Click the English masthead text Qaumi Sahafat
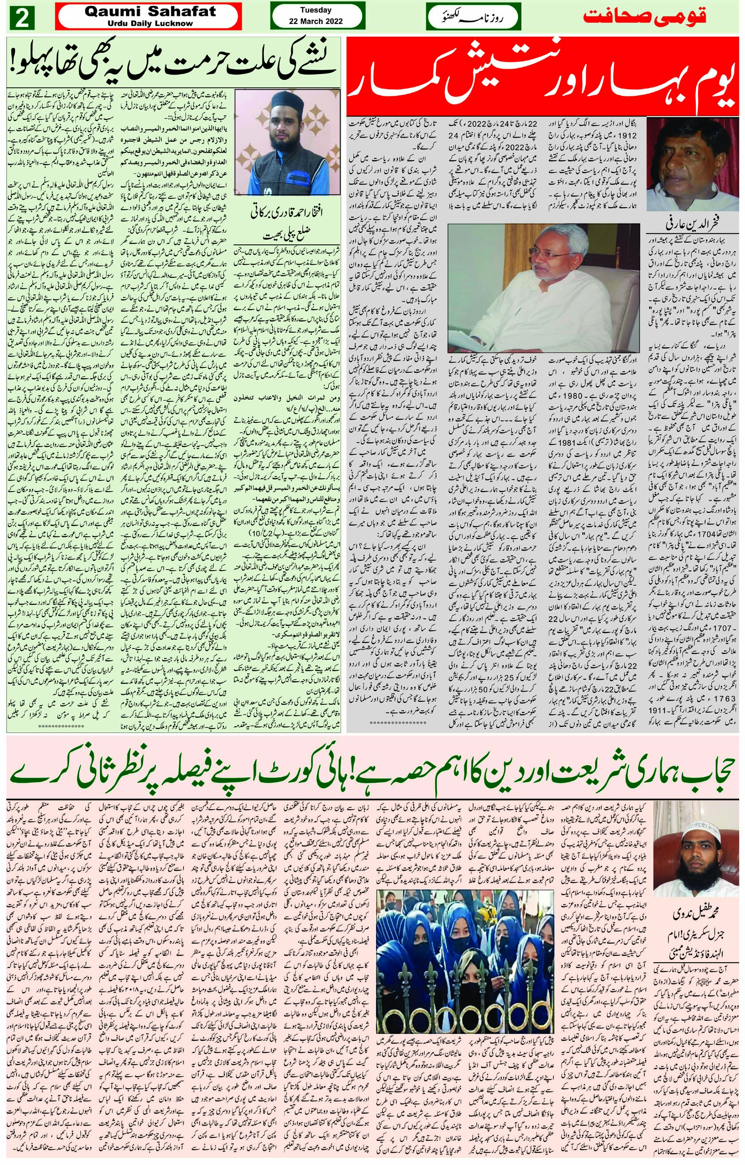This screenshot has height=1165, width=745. coord(150,12)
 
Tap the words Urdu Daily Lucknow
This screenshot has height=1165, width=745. coord(150,23)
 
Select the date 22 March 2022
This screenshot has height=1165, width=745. coord(315,21)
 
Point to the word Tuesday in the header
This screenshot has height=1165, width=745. coord(315,10)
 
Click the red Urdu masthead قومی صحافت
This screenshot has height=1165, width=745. coord(644,16)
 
